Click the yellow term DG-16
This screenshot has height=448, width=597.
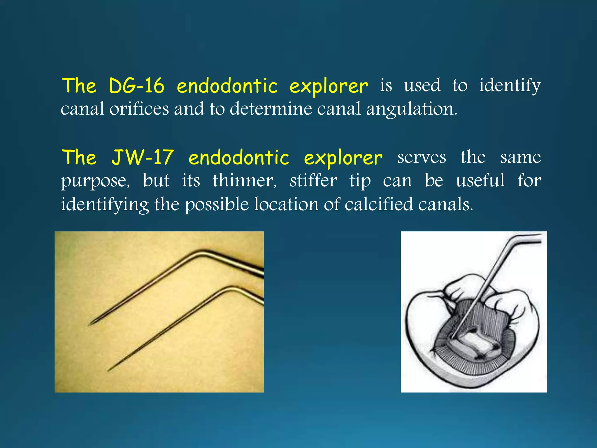pos(136,86)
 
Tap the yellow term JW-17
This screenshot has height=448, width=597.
pos(143,158)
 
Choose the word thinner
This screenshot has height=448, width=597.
pos(245,181)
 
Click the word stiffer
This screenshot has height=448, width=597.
pos(313,181)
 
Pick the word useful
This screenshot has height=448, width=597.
pos(480,181)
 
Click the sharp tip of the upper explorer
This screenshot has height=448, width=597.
pos(89,325)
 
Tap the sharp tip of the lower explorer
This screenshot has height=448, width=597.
pos(108,371)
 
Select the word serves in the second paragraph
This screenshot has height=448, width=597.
pos(422,158)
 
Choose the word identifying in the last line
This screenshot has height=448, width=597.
pos(105,204)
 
